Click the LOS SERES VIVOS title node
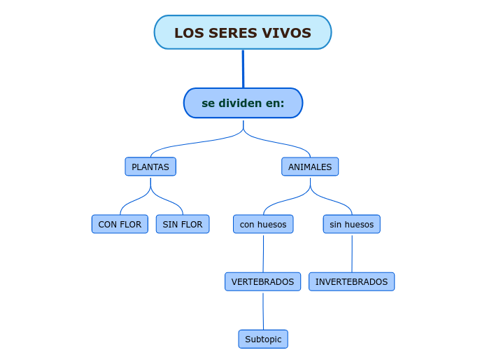coord(243,33)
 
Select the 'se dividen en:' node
coord(243,103)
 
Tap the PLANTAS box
coord(150,167)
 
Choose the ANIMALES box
coord(310,167)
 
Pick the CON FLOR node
coord(120,224)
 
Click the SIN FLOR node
coord(183,224)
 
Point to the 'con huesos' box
coord(263,224)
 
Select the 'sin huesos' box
coord(352,224)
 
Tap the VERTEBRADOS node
coord(262,281)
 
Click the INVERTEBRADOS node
coord(351,281)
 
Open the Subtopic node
coord(263,339)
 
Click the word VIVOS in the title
coord(286,33)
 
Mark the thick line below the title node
coord(243,69)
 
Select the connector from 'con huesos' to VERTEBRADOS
coord(263,253)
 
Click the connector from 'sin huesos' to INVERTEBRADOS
coord(352,253)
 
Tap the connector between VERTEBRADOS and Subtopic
coord(263,310)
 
